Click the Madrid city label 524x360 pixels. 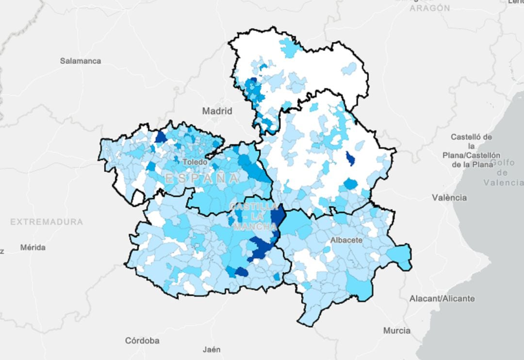(217, 111)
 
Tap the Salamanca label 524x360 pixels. (81, 61)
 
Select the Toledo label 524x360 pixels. (195, 162)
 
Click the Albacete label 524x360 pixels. (346, 240)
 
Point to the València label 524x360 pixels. (449, 197)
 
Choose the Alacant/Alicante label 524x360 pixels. (442, 298)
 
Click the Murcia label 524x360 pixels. (396, 330)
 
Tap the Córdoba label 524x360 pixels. (142, 340)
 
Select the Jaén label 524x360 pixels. (212, 349)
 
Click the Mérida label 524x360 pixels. (33, 247)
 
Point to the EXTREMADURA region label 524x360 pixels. (47, 222)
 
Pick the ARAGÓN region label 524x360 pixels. (429, 8)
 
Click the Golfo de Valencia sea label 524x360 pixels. (504, 173)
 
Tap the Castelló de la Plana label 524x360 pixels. (471, 151)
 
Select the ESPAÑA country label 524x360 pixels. (202, 179)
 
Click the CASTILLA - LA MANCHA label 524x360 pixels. (248, 217)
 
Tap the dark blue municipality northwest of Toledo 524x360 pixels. (161, 137)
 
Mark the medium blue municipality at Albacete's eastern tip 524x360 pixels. (399, 256)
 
